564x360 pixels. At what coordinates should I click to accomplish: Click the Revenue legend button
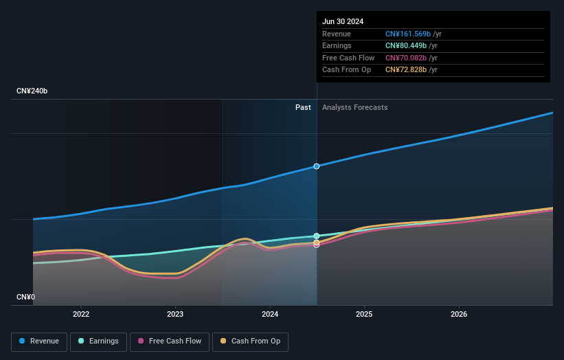coord(39,341)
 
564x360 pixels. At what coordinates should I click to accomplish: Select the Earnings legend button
coord(98,341)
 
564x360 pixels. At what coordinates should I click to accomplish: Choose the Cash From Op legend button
coord(250,341)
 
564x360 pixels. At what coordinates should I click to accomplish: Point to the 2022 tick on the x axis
coord(81,315)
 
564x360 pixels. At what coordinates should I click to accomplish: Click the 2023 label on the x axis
coord(175,315)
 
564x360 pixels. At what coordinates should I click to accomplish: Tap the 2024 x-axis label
coord(270,315)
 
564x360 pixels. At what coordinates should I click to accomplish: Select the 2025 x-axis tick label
coord(364,315)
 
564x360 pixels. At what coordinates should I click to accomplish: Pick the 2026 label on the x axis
coord(459,315)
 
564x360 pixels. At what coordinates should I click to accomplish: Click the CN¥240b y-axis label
coord(32,91)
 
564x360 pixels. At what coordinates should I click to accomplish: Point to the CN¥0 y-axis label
coord(25,297)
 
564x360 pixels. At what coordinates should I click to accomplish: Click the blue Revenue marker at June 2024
coord(317,166)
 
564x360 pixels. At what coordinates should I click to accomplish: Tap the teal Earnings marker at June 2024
coord(317,236)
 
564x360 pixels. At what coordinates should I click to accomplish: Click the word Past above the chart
coord(303,108)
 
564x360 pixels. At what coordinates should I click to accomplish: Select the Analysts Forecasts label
coord(354,108)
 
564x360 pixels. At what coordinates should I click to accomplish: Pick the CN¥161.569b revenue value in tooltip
coord(407,34)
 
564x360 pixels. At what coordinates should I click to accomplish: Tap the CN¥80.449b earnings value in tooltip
coord(405,46)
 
